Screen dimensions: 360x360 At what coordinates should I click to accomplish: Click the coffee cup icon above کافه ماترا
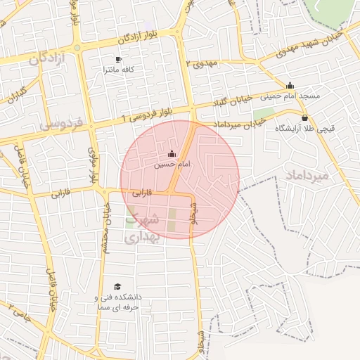point(118,60)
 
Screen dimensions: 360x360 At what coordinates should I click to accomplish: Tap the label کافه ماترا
point(118,70)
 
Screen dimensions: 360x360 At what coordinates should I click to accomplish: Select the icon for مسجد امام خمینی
point(290,85)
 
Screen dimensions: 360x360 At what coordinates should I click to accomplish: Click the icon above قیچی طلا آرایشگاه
point(304,118)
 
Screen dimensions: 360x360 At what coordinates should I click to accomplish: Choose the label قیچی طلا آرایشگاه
point(304,129)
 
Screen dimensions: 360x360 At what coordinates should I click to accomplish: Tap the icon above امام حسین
point(172,153)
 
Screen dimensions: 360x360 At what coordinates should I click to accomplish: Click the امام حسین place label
point(173,164)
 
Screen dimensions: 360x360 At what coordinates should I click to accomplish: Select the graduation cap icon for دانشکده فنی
point(118,286)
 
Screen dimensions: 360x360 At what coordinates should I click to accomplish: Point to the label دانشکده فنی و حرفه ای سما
point(118,302)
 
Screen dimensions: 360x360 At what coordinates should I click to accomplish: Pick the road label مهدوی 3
point(202,63)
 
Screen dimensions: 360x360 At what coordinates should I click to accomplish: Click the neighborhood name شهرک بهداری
point(143,228)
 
